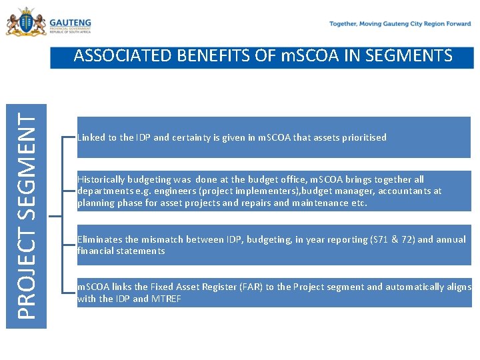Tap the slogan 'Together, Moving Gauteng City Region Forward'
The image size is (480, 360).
tap(400, 23)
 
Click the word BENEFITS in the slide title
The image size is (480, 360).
tap(210, 56)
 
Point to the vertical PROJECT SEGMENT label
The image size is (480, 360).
tap(27, 215)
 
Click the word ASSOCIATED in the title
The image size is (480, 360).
tap(119, 56)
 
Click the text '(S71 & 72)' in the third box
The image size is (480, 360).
tap(389, 239)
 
